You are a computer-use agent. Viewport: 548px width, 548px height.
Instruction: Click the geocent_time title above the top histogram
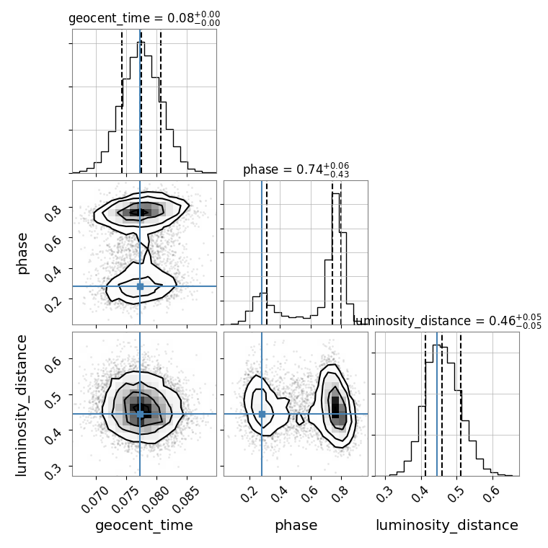(144, 18)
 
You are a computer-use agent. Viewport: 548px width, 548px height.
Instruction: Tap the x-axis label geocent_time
(144, 526)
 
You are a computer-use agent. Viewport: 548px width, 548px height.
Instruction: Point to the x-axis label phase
(296, 526)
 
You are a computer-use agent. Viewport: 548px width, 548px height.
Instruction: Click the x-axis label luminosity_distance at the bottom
(447, 526)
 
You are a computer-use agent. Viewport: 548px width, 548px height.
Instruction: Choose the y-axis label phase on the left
(23, 252)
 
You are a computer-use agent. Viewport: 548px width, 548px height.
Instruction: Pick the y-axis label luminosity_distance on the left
(23, 404)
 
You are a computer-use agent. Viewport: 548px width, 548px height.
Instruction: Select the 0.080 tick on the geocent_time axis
(156, 498)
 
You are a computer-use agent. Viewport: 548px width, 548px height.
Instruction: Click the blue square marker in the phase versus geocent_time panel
(140, 286)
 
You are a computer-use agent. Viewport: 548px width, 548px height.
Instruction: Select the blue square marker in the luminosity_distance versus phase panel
(262, 414)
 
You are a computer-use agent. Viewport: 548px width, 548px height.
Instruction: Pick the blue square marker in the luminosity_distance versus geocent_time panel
(140, 414)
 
